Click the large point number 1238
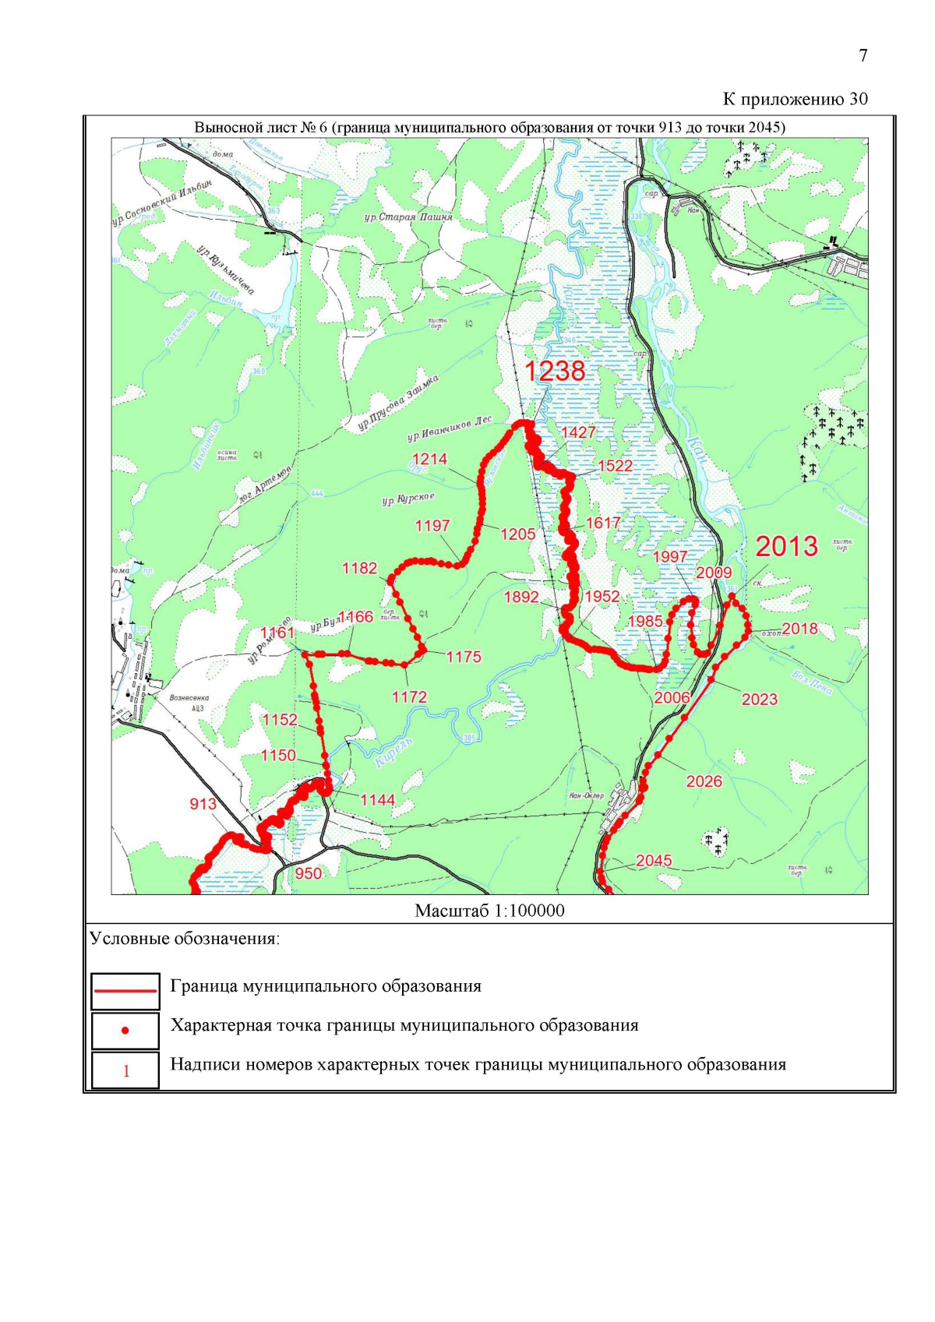(x=554, y=371)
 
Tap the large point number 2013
(x=786, y=546)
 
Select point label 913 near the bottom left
(x=203, y=803)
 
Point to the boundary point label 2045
(x=653, y=860)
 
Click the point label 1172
(x=409, y=697)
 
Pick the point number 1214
(x=429, y=459)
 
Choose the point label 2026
(x=704, y=781)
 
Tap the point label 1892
(x=521, y=597)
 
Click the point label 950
(x=308, y=873)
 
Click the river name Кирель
(x=394, y=753)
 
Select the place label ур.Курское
(x=408, y=499)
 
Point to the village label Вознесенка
(x=189, y=698)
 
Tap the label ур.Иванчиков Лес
(x=450, y=428)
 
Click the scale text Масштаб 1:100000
(x=489, y=911)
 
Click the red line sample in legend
(x=125, y=990)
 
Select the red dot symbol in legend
(x=125, y=1031)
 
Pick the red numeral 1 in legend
(x=126, y=1071)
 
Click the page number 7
(x=863, y=55)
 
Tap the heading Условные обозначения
(x=185, y=939)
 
